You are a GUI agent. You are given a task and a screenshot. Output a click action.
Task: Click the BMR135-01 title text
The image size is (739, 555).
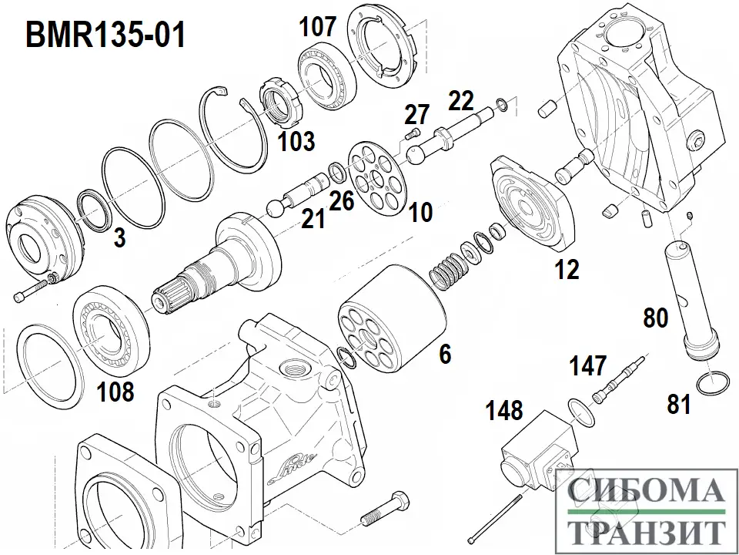(106, 35)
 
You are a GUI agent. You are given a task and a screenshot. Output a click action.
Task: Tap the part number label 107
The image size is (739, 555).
(318, 27)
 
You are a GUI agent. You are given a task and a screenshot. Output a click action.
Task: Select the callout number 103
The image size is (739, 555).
(296, 141)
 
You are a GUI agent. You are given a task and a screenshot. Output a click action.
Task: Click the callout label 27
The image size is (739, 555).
(416, 115)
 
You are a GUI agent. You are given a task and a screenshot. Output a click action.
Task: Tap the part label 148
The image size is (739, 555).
(504, 409)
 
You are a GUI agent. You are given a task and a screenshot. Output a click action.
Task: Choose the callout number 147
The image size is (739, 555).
(590, 365)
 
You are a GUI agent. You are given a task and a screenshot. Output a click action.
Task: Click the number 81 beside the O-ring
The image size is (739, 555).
(679, 404)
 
